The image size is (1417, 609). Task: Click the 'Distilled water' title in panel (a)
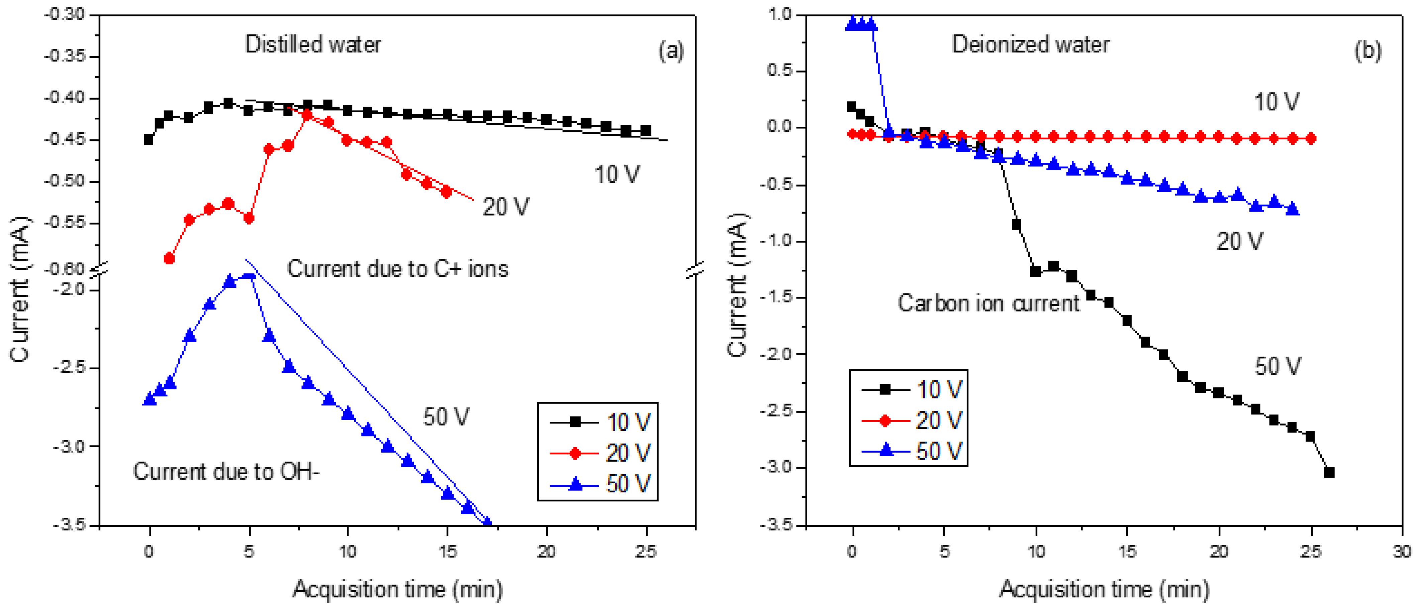[x=312, y=44]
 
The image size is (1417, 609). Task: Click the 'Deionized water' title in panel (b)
[x=1030, y=44]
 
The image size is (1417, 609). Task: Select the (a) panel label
[x=671, y=51]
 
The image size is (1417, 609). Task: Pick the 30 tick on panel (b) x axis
[x=1402, y=551]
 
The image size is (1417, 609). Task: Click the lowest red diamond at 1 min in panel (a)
[x=169, y=258]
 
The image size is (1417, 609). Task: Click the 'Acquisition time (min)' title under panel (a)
[x=397, y=589]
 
